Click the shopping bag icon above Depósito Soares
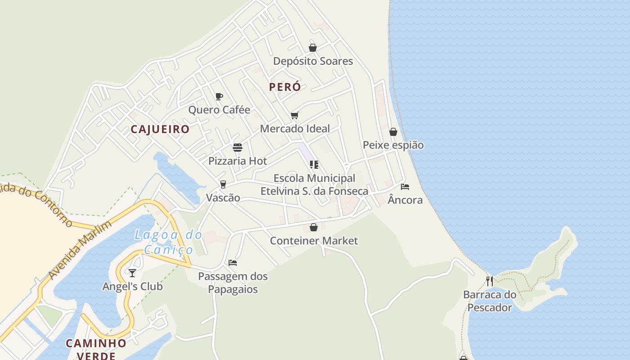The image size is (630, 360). [313, 48]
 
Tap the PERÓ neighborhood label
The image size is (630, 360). [285, 87]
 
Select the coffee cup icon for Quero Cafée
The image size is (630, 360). [219, 96]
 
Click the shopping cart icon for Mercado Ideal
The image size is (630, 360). [295, 115]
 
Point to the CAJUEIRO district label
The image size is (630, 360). [160, 129]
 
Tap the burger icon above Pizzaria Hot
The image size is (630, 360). [238, 148]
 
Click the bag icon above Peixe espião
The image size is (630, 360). [393, 132]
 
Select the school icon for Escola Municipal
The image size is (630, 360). [314, 165]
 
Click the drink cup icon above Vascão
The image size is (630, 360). [223, 184]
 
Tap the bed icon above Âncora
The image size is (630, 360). [405, 187]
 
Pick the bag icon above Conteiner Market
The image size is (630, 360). [314, 227]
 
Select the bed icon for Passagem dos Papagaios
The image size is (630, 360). [233, 263]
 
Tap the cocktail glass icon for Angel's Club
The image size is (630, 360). [132, 273]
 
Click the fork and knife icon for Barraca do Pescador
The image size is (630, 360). [490, 281]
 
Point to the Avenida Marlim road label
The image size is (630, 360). [80, 250]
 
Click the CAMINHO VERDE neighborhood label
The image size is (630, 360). [96, 349]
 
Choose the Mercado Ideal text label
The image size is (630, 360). [295, 129]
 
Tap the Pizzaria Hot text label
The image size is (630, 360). [238, 161]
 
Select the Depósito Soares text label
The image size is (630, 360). [313, 61]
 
